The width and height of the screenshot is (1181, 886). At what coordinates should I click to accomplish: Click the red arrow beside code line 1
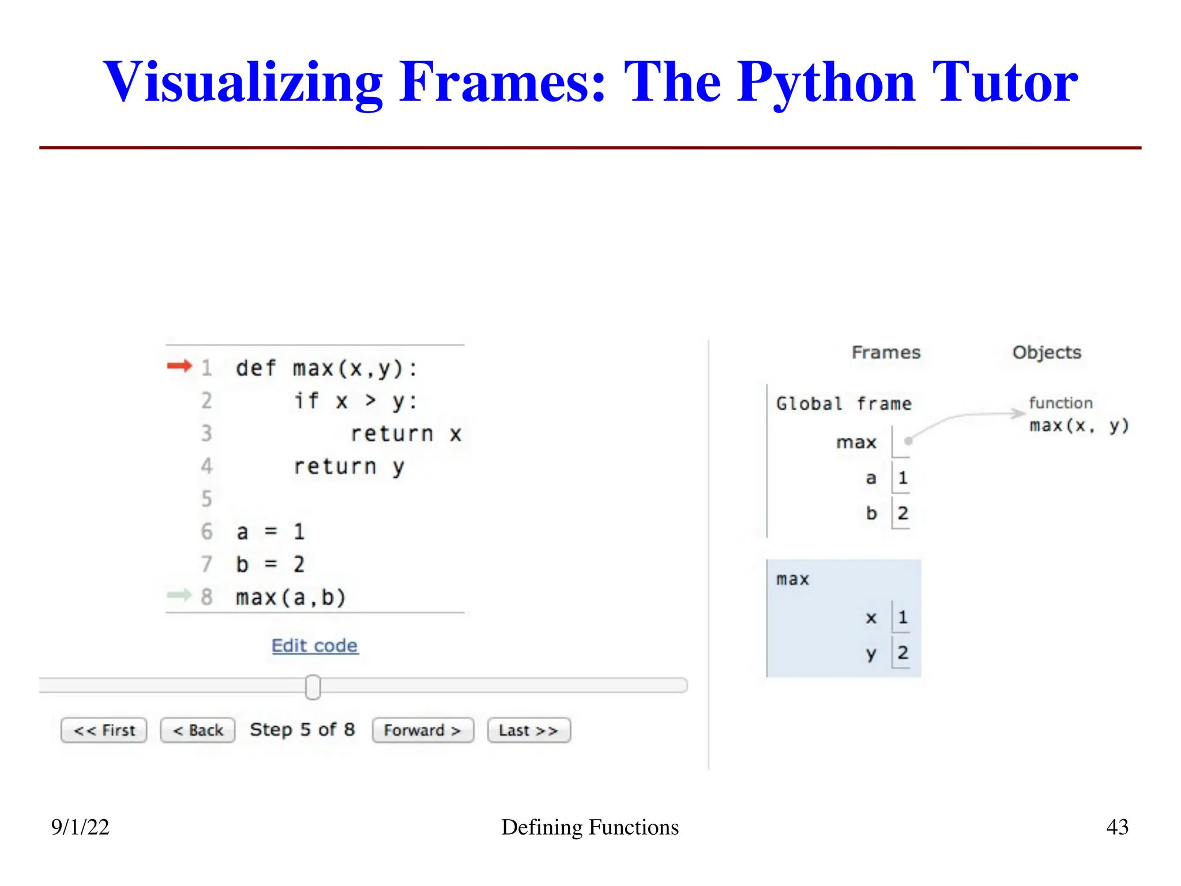179,366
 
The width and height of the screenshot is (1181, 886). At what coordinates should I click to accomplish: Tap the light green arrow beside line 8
179,595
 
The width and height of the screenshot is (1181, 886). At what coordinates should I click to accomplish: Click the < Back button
198,730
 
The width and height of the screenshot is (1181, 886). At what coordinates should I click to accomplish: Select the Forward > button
423,730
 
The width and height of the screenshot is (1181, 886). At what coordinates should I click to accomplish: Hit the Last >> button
529,730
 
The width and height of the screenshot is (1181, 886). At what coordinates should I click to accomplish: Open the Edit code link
315,645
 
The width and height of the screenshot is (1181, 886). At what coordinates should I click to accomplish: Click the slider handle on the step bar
313,686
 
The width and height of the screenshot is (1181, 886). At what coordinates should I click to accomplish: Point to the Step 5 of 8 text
302,730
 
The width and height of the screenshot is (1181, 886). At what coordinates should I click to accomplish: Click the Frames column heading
886,352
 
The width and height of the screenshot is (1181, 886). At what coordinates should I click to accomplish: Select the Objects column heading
1047,352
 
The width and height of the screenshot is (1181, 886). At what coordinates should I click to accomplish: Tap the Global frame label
844,404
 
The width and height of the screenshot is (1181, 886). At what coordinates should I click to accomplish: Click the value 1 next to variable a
902,478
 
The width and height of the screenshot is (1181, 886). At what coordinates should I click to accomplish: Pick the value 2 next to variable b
902,513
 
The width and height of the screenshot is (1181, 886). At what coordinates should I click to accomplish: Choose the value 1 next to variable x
902,617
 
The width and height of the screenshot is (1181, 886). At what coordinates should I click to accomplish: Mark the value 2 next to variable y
902,653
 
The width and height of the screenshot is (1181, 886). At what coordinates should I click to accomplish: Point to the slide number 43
1117,827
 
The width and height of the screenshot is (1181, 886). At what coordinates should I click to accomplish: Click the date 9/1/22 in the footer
80,827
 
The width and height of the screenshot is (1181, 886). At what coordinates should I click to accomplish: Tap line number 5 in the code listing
206,498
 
